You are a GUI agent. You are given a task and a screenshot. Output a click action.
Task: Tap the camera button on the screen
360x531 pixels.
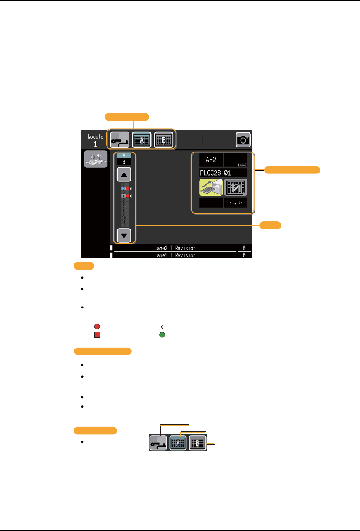pyautogui.click(x=243, y=140)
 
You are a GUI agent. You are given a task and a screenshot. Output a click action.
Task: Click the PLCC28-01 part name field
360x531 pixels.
pyautogui.click(x=223, y=173)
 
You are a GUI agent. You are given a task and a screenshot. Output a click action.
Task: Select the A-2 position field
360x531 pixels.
pyautogui.click(x=211, y=160)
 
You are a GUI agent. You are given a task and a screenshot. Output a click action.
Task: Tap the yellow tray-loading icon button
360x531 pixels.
pyautogui.click(x=211, y=187)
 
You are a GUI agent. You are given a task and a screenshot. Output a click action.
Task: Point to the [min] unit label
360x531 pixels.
pyautogui.click(x=242, y=165)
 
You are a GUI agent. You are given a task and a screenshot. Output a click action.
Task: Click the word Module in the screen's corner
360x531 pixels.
pyautogui.click(x=95, y=137)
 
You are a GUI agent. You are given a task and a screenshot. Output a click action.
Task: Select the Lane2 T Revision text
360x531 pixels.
pyautogui.click(x=175, y=248)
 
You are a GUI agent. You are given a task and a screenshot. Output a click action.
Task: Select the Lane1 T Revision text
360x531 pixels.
pyautogui.click(x=175, y=255)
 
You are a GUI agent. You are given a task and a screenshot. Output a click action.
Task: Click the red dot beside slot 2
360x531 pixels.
pyautogui.click(x=128, y=189)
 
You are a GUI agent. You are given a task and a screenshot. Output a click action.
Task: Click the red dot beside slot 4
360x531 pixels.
pyautogui.click(x=128, y=196)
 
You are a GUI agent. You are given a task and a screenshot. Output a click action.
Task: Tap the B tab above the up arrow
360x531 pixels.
pyautogui.click(x=124, y=162)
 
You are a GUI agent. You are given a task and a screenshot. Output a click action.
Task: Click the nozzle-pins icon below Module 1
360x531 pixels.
pyautogui.click(x=95, y=159)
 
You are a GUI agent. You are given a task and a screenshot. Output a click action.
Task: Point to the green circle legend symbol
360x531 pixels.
pyautogui.click(x=162, y=335)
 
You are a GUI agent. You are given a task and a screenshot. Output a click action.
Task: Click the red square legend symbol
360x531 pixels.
pyautogui.click(x=97, y=335)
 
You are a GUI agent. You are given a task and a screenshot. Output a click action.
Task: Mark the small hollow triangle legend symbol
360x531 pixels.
pyautogui.click(x=162, y=327)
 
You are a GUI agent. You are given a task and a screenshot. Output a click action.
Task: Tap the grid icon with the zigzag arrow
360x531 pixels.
pyautogui.click(x=236, y=187)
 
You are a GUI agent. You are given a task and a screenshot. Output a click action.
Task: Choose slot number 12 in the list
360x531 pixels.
pyautogui.click(x=124, y=225)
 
